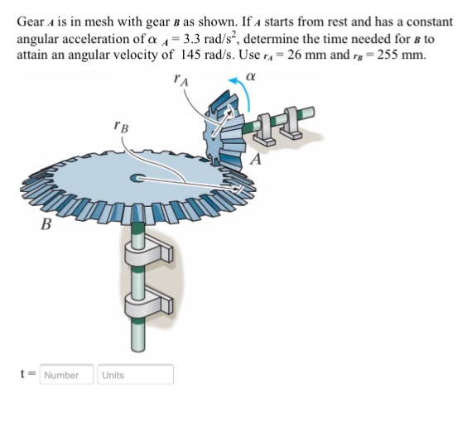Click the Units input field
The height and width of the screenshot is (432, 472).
pyautogui.click(x=135, y=375)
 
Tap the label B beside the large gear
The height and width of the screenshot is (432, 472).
pyautogui.click(x=46, y=223)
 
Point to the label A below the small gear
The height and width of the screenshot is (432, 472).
pyautogui.click(x=258, y=160)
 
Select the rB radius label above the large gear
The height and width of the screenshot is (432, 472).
pyautogui.click(x=121, y=128)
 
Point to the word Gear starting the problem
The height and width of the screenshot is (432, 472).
pyautogui.click(x=31, y=22)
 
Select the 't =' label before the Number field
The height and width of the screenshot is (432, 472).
pyautogui.click(x=26, y=375)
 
